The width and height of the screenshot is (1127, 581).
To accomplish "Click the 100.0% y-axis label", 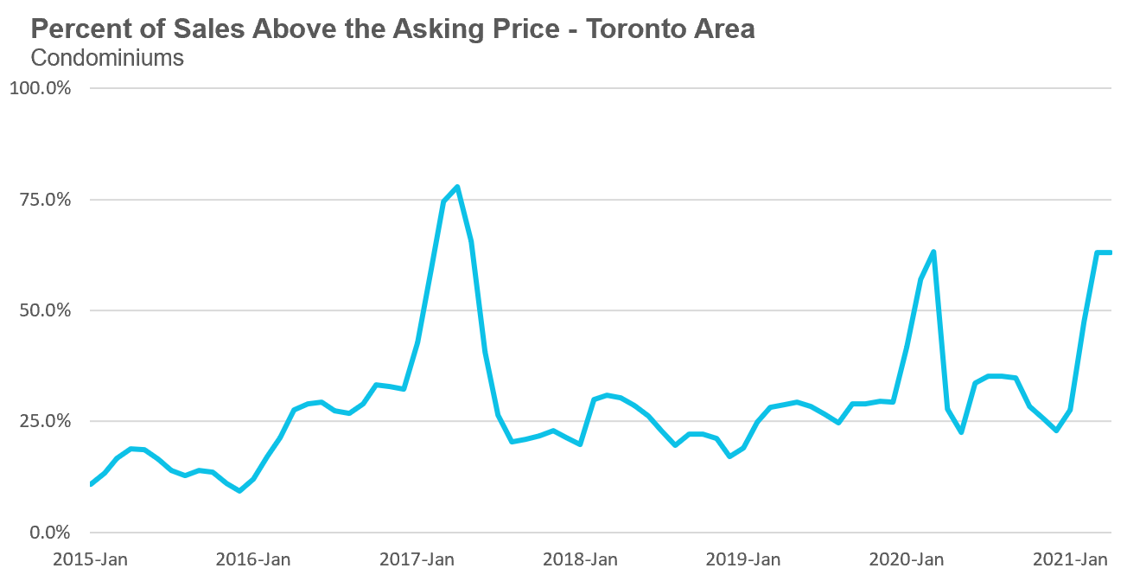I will (40, 88).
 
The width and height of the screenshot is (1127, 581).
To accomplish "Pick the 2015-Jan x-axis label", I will (90, 559).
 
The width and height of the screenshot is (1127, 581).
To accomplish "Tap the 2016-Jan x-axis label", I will (253, 559).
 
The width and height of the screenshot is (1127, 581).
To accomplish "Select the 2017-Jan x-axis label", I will (417, 559).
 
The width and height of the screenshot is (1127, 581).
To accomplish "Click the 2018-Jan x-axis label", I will (580, 559).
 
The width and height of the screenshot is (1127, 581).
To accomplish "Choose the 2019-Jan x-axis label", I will (743, 559).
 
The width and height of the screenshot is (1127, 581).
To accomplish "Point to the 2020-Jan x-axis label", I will (907, 559).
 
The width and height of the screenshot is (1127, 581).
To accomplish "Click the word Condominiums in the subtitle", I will (107, 58).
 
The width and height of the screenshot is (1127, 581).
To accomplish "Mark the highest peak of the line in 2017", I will (457, 186).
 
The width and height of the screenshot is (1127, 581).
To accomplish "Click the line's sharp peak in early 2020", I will (933, 252).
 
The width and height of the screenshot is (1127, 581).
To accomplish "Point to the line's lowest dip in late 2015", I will (239, 491).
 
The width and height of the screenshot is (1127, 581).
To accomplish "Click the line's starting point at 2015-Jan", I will (91, 484).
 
